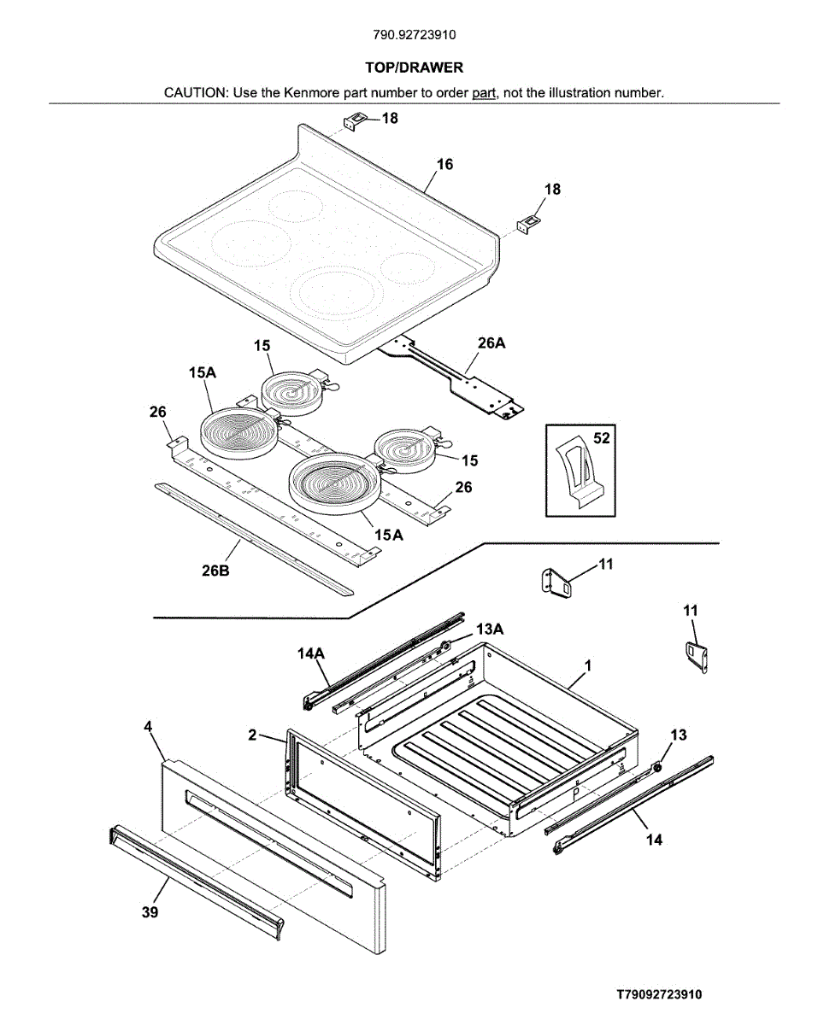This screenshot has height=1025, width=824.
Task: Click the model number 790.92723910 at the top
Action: pyautogui.click(x=414, y=35)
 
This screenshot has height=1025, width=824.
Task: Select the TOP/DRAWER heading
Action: pyautogui.click(x=414, y=67)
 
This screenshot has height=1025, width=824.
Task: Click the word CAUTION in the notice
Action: pyautogui.click(x=195, y=92)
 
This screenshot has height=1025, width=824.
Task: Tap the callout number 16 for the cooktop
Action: pyautogui.click(x=444, y=164)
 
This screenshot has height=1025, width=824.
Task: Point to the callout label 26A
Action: pyautogui.click(x=491, y=343)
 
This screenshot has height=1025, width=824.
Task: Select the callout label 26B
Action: pyautogui.click(x=215, y=571)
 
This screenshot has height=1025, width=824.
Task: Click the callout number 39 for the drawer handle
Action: pyautogui.click(x=150, y=912)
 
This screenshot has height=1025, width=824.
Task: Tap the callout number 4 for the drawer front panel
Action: pyautogui.click(x=148, y=726)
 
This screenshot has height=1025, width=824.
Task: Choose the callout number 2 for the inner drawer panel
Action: pyautogui.click(x=253, y=735)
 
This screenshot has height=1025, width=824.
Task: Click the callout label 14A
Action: pyautogui.click(x=311, y=653)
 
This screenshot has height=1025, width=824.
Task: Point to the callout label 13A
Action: pyautogui.click(x=490, y=629)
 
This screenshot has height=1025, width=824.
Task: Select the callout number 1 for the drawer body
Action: pyautogui.click(x=588, y=665)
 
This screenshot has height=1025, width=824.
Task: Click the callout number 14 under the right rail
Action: pyautogui.click(x=653, y=840)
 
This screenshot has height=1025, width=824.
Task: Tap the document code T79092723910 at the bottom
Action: pyautogui.click(x=660, y=994)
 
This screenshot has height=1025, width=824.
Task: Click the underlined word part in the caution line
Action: pyautogui.click(x=485, y=92)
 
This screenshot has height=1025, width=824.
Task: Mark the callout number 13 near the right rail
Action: pyautogui.click(x=678, y=735)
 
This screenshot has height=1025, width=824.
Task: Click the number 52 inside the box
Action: pyautogui.click(x=602, y=438)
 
